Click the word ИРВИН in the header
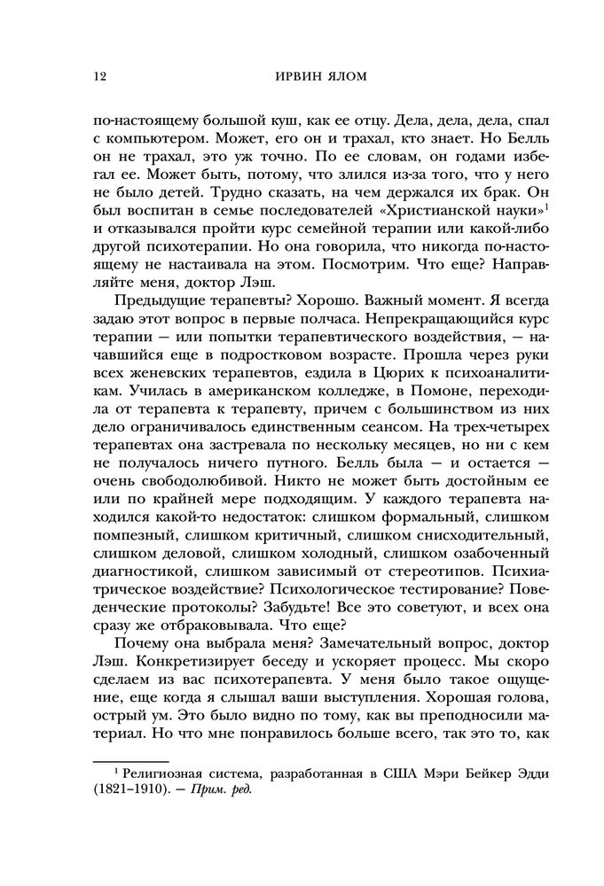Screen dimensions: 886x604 click(289, 77)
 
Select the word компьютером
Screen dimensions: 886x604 click(150, 140)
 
